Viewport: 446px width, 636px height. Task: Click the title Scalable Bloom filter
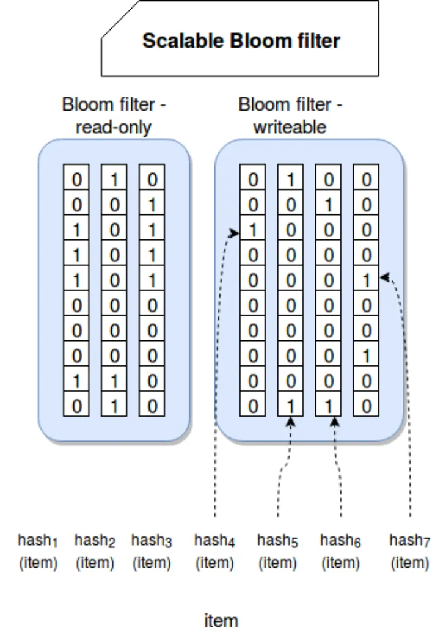pos(241,41)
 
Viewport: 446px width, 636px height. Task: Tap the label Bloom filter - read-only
pos(114,116)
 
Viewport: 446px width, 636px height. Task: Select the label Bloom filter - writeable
pos(290,116)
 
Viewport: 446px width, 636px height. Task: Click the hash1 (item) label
pos(38,551)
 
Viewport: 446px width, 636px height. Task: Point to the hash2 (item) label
pos(95,551)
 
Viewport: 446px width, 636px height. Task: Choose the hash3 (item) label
pos(152,551)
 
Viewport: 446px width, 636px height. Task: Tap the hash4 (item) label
pos(214,551)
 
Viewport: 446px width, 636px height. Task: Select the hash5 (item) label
pos(277,551)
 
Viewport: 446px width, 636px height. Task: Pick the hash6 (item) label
pos(340,551)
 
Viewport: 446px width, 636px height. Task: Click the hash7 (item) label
pos(409,551)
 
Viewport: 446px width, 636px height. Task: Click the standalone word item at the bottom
pos(221,621)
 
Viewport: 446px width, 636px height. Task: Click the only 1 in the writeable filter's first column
pos(252,231)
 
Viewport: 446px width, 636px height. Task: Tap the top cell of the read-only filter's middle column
pos(114,180)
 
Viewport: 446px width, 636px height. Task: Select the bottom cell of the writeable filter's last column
pos(366,404)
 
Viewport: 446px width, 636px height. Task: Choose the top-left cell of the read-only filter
pos(76,180)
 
